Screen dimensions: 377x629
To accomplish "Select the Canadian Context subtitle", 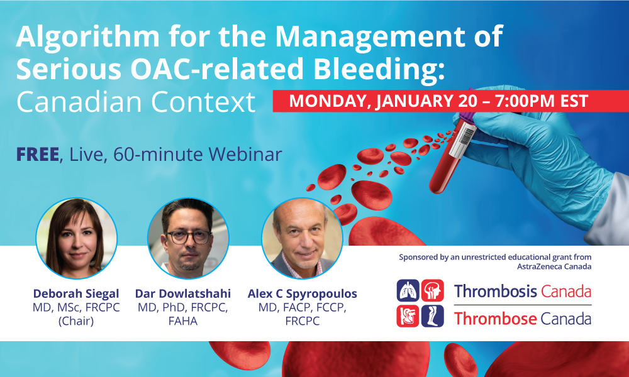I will (x=136, y=102).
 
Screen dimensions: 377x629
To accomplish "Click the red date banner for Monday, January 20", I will (x=450, y=101).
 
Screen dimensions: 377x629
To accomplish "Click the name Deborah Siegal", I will (x=76, y=294).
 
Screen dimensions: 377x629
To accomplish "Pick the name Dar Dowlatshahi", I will (x=183, y=294).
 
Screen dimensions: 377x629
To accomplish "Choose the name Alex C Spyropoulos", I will (x=302, y=294).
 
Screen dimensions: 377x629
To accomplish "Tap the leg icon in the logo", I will (x=433, y=316).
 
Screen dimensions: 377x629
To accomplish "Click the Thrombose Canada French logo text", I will (x=522, y=319).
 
